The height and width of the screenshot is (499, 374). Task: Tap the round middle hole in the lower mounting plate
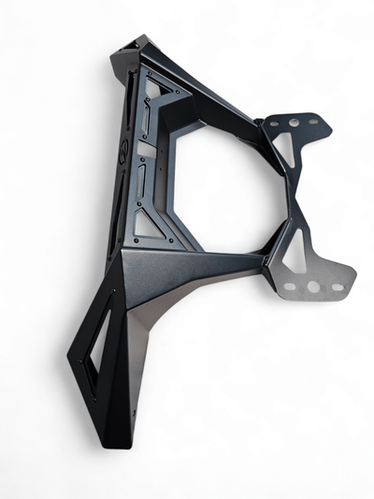click(310, 286)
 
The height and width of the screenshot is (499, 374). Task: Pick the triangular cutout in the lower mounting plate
click(296, 251)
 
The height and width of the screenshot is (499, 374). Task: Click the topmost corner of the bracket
click(137, 39)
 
